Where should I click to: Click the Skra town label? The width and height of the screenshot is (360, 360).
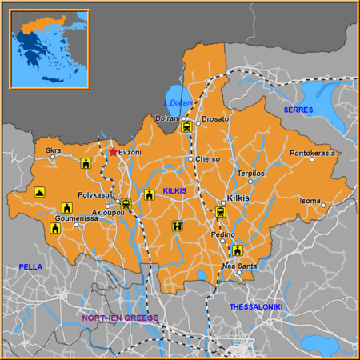pos(54,150)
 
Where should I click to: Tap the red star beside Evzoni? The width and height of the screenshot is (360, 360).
pos(113,151)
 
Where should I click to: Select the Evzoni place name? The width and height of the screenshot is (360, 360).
pos(130,151)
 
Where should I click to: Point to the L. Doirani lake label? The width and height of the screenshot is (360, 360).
pos(178,102)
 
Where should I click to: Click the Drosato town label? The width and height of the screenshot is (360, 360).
pos(215,119)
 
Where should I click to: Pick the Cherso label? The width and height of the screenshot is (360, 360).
pos(207,158)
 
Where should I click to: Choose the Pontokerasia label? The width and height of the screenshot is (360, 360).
pos(312,153)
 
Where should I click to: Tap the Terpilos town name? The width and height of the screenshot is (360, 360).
pos(250,173)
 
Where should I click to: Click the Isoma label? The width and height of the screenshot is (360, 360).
pos(310,200)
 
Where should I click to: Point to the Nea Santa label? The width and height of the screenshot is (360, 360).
pos(239,266)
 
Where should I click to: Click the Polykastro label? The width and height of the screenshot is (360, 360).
pos(97,194)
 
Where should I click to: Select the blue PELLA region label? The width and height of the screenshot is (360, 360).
pos(31,266)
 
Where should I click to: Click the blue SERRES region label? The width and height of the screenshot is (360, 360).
pos(298,109)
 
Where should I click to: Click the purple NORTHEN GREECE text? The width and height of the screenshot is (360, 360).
pos(120,318)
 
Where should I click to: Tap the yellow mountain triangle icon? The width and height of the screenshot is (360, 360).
pos(39,192)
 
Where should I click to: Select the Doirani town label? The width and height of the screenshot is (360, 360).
pos(167,119)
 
